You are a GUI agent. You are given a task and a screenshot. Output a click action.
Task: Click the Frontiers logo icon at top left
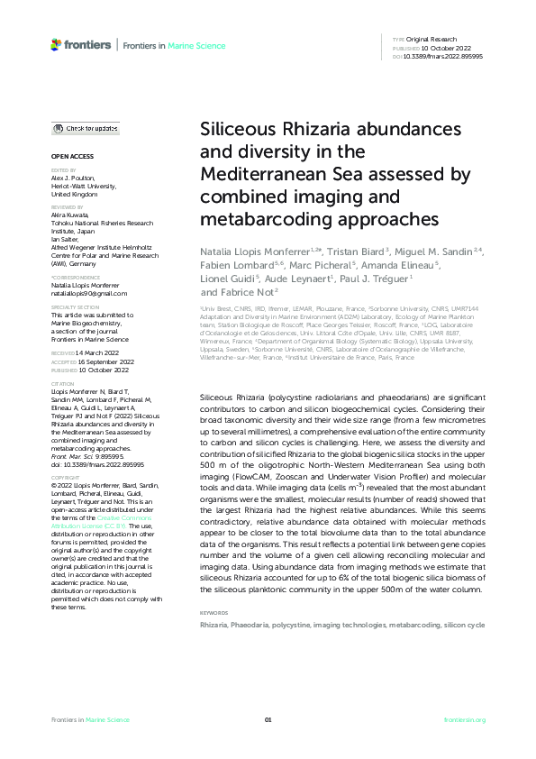coord(57,44)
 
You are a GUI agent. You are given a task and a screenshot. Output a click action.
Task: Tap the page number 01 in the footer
coord(268,720)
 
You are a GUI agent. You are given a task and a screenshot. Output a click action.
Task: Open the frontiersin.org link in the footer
coord(465,720)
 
